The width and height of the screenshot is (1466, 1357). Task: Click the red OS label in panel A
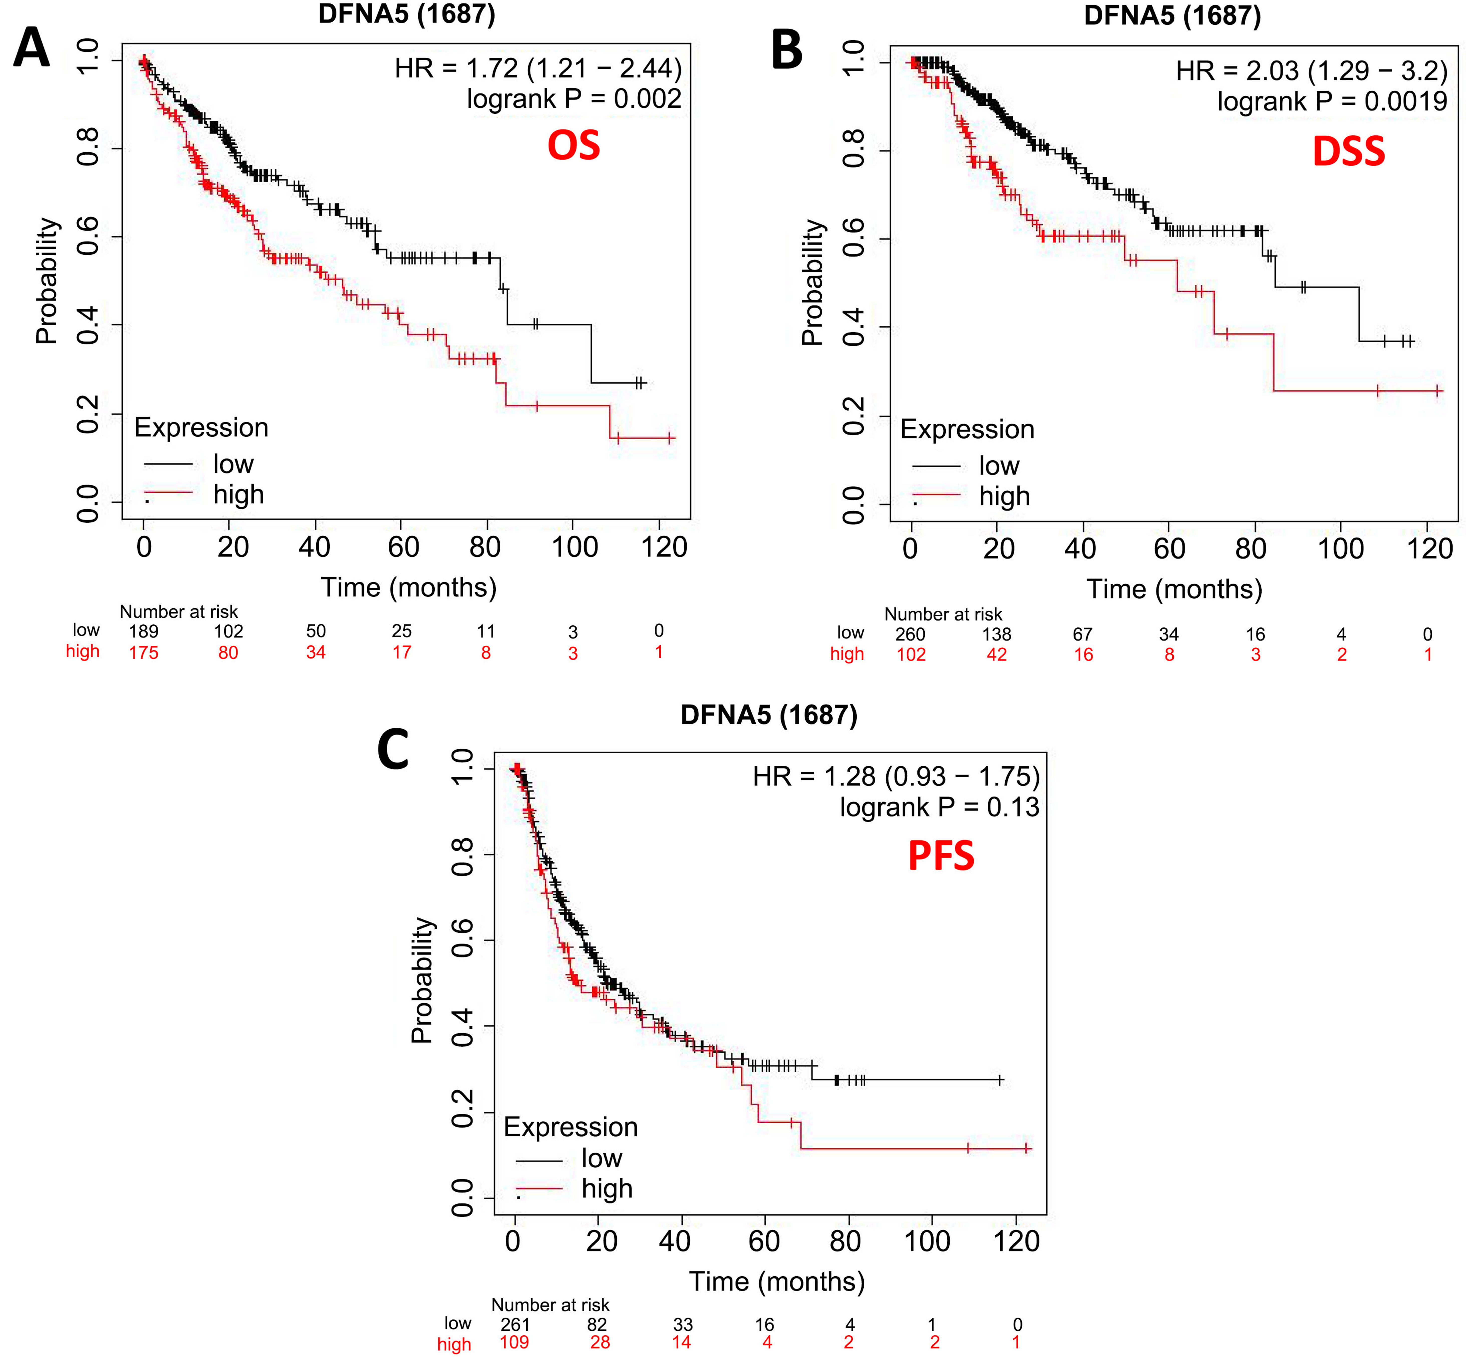pyautogui.click(x=573, y=145)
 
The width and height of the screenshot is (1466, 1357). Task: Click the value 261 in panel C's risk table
pyautogui.click(x=515, y=1325)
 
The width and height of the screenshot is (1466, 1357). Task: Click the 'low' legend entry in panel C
pyautogui.click(x=601, y=1158)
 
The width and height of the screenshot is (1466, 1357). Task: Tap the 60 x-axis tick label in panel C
pyautogui.click(x=764, y=1241)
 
